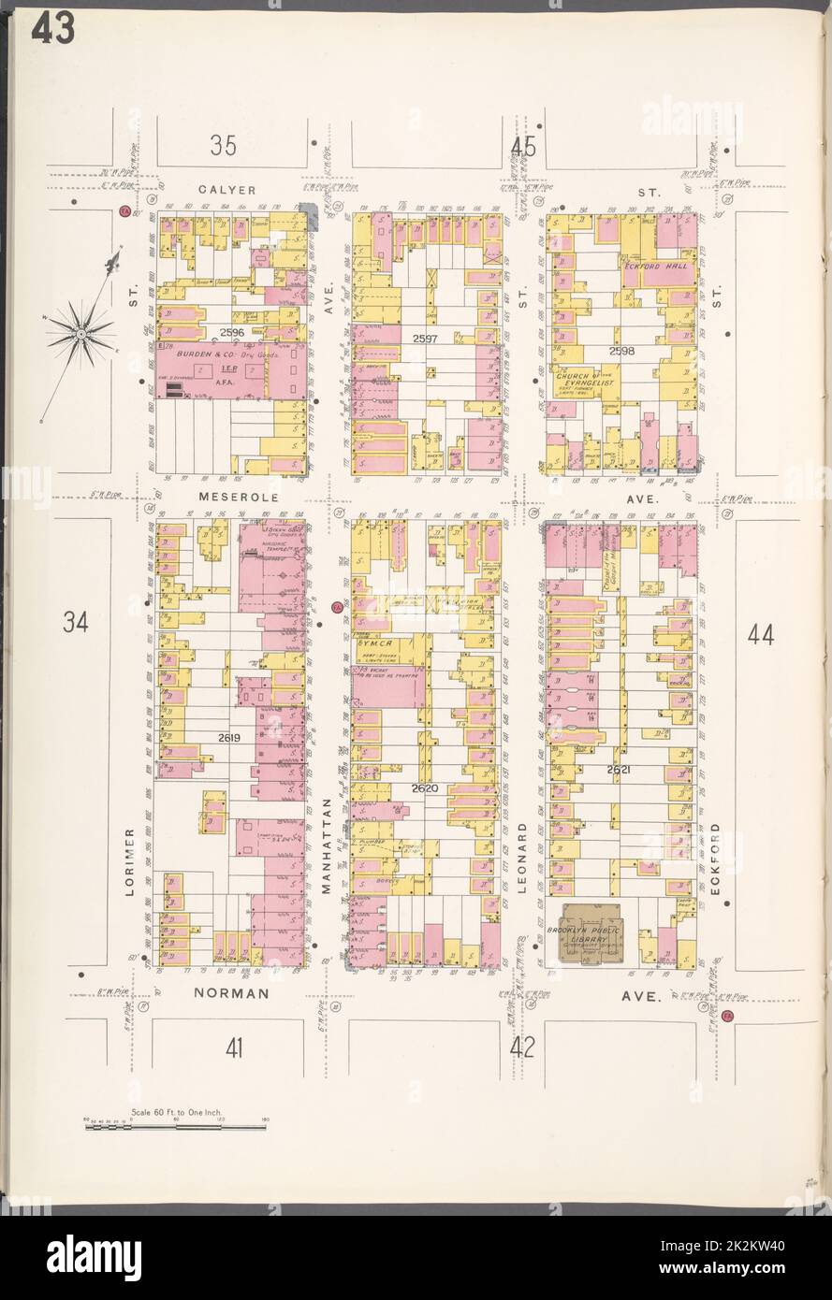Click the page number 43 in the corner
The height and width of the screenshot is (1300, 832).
pos(53,30)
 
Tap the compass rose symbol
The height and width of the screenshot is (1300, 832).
pos(81,332)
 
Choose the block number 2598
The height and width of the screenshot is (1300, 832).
pos(620,351)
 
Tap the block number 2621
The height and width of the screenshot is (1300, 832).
pos(619,769)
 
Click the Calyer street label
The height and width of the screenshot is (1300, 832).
pos(228,190)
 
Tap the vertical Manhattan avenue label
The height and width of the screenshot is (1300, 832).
pos(327,847)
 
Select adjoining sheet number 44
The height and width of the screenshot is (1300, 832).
pos(761,635)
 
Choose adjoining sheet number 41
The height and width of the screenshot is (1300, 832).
pos(234,1048)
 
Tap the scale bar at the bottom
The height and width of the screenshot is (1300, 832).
pos(176,1127)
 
